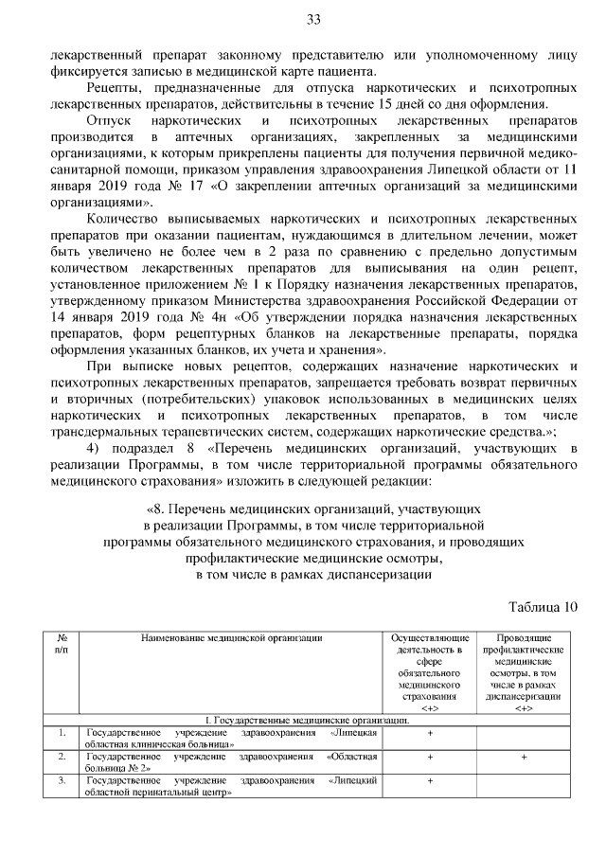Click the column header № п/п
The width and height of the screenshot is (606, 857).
62,644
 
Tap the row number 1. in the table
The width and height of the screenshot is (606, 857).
62,733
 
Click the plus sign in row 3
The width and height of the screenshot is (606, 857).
430,780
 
